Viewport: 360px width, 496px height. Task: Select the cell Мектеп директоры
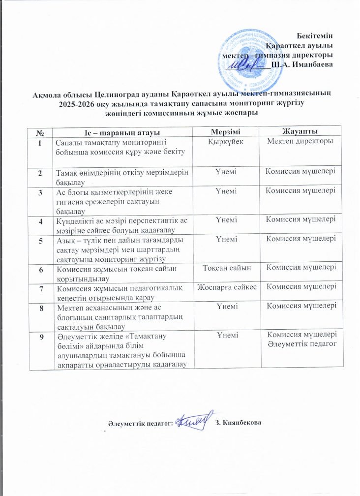click(x=300, y=142)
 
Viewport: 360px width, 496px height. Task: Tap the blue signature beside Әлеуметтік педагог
click(x=195, y=420)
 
